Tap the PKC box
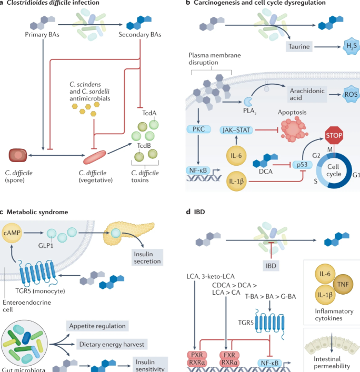pos(198,129)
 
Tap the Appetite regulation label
pos(98,326)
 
